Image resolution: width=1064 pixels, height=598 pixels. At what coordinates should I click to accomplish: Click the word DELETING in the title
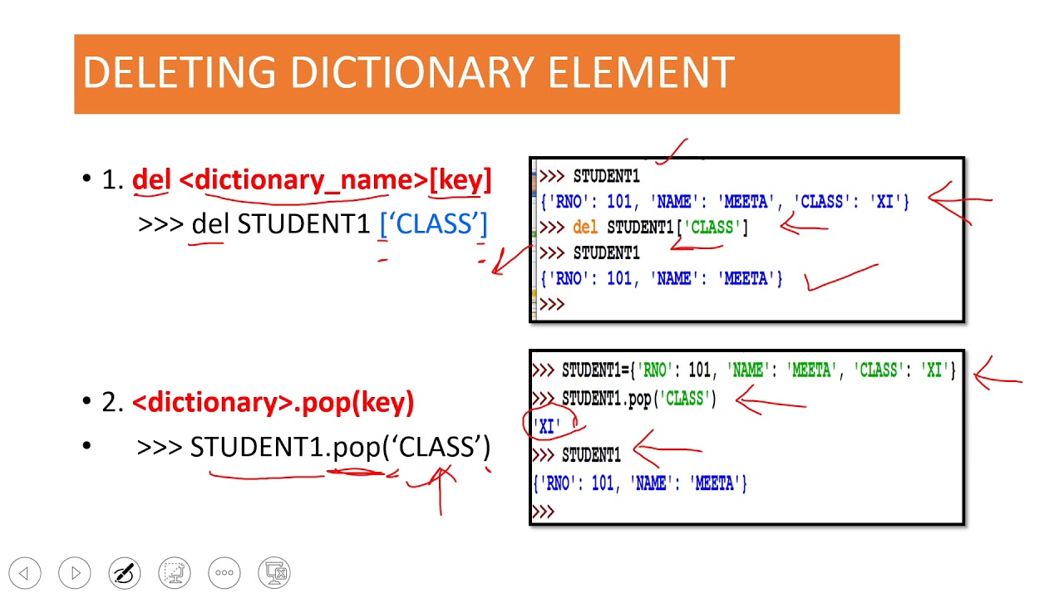[x=180, y=72]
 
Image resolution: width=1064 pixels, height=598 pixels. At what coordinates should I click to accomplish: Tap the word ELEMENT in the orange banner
[x=642, y=72]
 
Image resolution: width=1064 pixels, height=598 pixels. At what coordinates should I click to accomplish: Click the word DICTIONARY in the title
[x=412, y=72]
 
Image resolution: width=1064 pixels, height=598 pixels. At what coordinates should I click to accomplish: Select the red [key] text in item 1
[x=460, y=180]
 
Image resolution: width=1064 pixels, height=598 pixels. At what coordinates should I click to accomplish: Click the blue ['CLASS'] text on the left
[x=434, y=224]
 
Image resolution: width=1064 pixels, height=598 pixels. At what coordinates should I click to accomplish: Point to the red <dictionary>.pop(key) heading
[x=273, y=402]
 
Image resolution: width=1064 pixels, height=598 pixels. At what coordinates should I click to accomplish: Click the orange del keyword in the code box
[x=584, y=228]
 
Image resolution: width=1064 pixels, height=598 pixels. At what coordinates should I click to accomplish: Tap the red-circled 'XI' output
[x=547, y=426]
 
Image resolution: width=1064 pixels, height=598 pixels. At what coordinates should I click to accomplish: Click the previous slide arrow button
[x=25, y=573]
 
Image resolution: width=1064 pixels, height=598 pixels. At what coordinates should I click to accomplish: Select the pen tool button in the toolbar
[x=125, y=573]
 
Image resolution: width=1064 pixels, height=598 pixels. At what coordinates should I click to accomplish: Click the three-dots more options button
[x=224, y=573]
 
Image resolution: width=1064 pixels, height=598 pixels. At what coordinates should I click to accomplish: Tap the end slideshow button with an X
[x=274, y=573]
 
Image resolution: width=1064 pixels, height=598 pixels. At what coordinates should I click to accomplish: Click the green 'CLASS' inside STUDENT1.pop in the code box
[x=684, y=398]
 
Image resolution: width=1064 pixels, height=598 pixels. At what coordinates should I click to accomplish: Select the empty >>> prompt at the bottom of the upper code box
[x=552, y=304]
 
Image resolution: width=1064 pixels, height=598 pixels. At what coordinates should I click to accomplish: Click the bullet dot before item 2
[x=86, y=401]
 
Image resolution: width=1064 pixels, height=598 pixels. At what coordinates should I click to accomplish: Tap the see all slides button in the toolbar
[x=175, y=573]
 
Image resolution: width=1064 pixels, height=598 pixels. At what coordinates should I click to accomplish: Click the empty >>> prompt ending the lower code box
[x=543, y=512]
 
